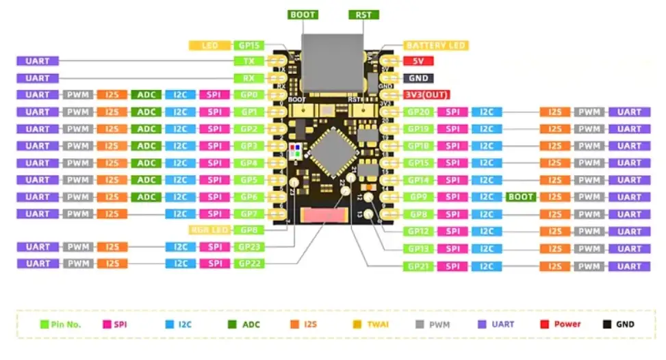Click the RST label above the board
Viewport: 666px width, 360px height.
click(363, 14)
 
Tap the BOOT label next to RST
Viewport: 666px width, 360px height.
click(303, 14)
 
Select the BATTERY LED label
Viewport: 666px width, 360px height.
click(435, 45)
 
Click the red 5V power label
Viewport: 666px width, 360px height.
click(419, 61)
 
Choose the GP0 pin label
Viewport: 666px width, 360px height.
click(248, 95)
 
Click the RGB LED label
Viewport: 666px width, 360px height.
click(209, 231)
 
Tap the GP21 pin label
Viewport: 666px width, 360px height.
click(418, 266)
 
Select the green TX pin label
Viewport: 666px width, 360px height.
click(248, 61)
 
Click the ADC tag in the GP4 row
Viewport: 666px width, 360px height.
click(146, 163)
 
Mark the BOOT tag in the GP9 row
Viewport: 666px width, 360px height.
click(521, 197)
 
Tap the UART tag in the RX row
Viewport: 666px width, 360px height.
click(38, 78)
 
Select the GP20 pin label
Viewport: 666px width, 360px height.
click(418, 112)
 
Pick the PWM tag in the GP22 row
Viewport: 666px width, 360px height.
click(77, 263)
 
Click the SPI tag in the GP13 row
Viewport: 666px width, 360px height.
click(452, 249)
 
